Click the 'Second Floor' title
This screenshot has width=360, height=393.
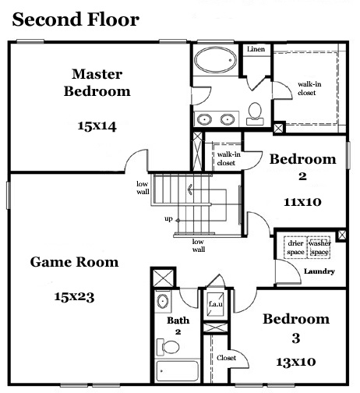(x=76, y=19)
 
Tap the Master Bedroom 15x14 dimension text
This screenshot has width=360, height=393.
(x=97, y=126)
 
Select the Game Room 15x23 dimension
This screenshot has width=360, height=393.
(x=74, y=297)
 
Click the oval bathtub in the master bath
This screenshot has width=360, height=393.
(x=215, y=60)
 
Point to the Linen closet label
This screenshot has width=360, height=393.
(x=256, y=49)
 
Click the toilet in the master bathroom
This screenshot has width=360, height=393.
(x=255, y=114)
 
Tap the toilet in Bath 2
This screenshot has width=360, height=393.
(x=168, y=347)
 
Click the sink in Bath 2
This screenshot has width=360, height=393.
(x=163, y=301)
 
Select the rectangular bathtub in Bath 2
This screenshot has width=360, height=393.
(x=178, y=371)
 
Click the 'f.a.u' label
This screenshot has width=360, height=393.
(x=216, y=303)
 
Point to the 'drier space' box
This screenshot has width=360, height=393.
(x=295, y=247)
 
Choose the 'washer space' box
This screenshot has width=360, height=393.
(x=319, y=247)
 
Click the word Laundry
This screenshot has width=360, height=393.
(x=319, y=271)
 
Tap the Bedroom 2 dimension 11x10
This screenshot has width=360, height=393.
(x=302, y=202)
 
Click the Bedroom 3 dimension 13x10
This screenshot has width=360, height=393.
(x=296, y=362)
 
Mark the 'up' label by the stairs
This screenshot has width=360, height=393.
(x=168, y=219)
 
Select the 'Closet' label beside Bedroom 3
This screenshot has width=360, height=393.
(x=226, y=358)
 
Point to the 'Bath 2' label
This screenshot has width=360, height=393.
(x=178, y=325)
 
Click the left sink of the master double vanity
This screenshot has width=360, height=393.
(x=204, y=119)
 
